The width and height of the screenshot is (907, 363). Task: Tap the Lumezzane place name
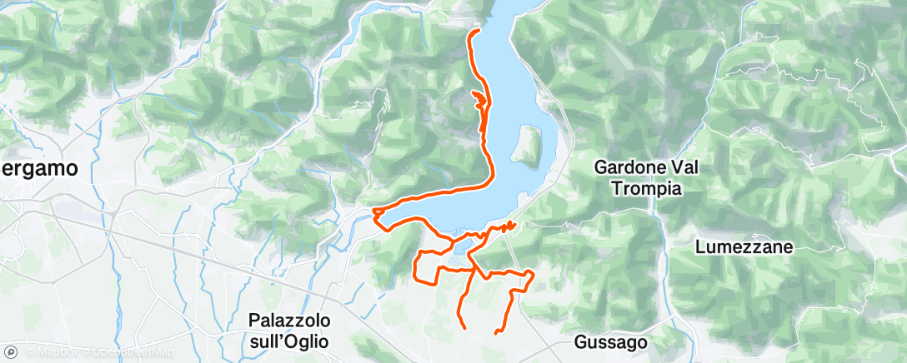click(x=744, y=247)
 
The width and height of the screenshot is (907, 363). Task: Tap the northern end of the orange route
click(x=477, y=31)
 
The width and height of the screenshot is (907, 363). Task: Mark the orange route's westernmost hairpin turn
click(x=376, y=213)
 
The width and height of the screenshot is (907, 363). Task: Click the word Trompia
click(x=646, y=189)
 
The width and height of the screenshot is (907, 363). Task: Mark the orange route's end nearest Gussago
click(x=497, y=333)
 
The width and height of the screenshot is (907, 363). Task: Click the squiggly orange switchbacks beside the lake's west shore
click(x=479, y=100)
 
